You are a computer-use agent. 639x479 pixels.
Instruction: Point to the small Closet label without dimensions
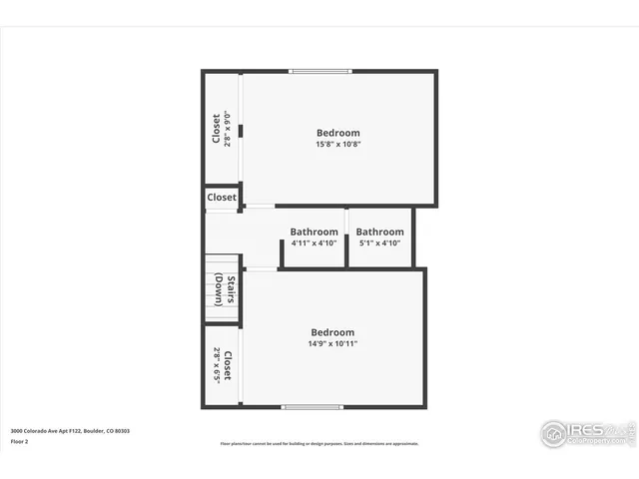(222, 198)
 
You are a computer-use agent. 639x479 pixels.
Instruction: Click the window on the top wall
(319, 71)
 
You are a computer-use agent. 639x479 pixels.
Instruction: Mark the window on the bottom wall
(312, 406)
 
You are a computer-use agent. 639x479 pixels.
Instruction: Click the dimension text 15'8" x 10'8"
(338, 144)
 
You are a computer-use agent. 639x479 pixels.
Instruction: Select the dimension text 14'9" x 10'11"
(332, 343)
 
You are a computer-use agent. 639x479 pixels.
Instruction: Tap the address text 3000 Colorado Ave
(70, 431)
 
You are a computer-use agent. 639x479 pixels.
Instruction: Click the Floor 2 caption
(20, 441)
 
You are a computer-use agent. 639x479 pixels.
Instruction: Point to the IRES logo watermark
(588, 433)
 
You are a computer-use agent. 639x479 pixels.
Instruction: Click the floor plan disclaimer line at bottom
(319, 444)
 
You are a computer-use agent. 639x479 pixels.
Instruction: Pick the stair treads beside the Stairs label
(214, 289)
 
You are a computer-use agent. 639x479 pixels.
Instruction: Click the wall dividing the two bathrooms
(346, 238)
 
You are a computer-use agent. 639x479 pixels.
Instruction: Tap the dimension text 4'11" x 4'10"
(314, 242)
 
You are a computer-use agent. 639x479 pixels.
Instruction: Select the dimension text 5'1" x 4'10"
(379, 242)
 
